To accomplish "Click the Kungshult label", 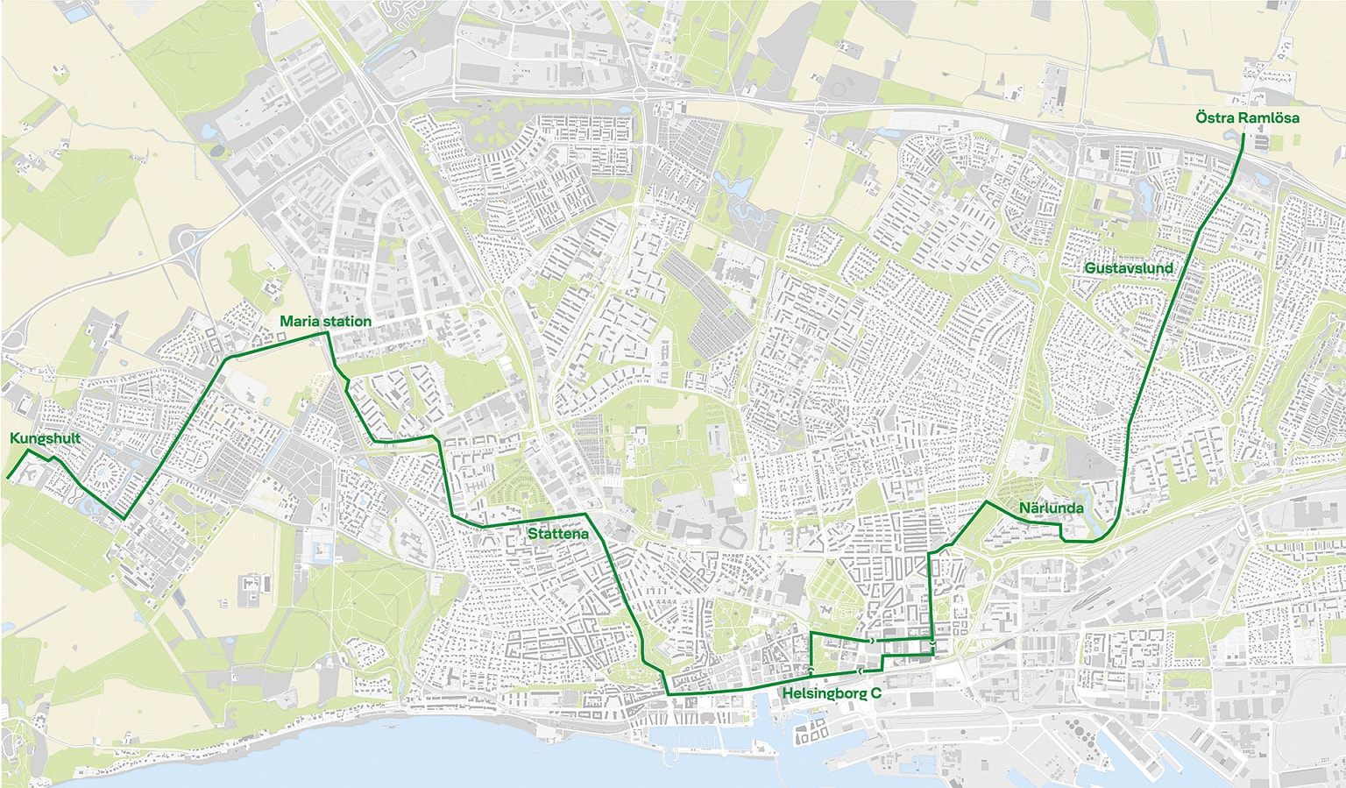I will (45, 438).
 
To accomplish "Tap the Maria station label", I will (325, 322).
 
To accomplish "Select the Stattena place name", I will (556, 533).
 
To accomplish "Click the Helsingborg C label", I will (832, 693).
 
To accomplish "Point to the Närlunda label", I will (1051, 508).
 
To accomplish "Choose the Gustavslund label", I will (1128, 268).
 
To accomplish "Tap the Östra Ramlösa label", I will (1247, 117).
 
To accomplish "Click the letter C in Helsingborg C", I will (875, 693).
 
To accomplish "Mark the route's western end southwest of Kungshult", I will (8, 478).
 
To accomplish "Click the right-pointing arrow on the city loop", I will (873, 642).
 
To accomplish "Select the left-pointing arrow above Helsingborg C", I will (861, 671).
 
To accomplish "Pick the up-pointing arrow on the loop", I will (811, 671).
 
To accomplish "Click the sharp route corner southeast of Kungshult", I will (124, 518).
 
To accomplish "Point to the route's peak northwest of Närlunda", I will (987, 502).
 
